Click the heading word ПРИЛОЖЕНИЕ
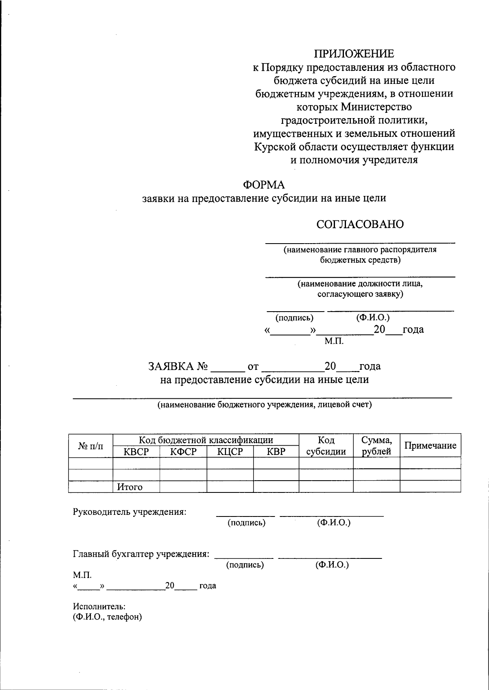point(354,54)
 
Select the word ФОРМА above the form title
point(264,185)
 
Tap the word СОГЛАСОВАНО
point(360,224)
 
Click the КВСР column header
point(136,452)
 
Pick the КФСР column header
point(183,452)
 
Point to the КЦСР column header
point(230,452)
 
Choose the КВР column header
point(276,452)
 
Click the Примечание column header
point(430,446)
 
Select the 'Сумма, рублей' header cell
point(377,446)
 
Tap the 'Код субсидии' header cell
point(326,446)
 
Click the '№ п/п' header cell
point(90,446)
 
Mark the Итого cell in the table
point(130,487)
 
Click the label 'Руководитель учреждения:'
point(130,512)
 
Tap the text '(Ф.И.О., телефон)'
point(108,617)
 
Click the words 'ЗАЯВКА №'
point(178,367)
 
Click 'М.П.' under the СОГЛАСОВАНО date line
point(334,341)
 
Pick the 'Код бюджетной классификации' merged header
point(206,440)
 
